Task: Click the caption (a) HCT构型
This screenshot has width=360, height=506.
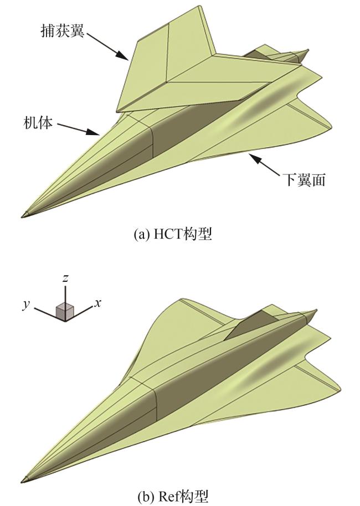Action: click(173, 235)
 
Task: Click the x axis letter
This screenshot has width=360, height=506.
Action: click(97, 302)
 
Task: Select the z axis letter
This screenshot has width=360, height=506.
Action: click(65, 278)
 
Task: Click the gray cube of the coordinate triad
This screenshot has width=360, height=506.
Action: click(65, 311)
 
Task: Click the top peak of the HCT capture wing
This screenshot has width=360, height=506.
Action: click(198, 8)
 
